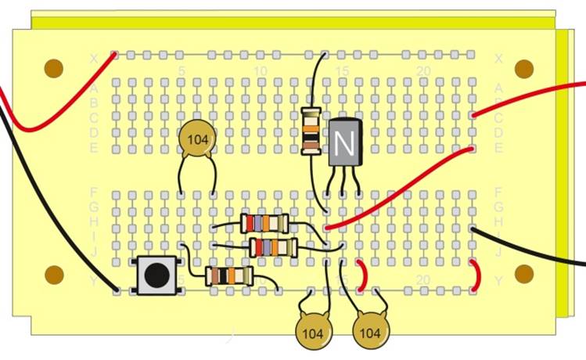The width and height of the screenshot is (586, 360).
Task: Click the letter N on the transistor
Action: [x=342, y=142]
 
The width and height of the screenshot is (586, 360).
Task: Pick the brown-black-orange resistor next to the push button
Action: [x=228, y=275]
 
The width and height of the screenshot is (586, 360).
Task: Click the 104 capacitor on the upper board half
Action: [x=196, y=139]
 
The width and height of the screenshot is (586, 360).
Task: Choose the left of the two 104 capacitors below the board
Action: [x=315, y=333]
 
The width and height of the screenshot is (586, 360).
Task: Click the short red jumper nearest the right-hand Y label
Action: [x=476, y=275]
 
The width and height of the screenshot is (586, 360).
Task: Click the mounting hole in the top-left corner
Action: [x=53, y=68]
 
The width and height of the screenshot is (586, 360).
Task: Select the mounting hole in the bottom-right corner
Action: [x=523, y=274]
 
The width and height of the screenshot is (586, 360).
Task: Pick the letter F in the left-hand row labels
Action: [x=95, y=192]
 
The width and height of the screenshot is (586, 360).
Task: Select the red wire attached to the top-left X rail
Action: [x=55, y=110]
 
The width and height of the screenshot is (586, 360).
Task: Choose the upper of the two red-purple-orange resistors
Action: [x=264, y=223]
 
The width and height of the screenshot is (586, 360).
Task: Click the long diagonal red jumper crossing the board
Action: [x=399, y=188]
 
